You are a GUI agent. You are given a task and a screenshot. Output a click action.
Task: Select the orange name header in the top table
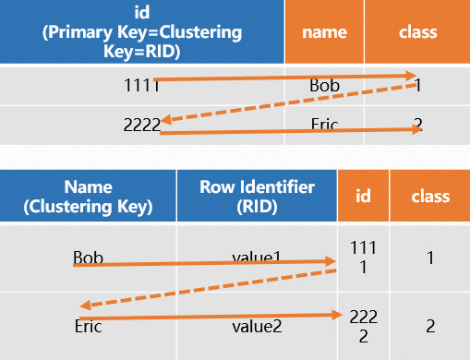(x=324, y=32)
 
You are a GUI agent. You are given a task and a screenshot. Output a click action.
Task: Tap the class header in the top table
(x=416, y=32)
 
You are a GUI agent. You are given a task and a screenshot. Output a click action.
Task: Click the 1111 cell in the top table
(x=141, y=85)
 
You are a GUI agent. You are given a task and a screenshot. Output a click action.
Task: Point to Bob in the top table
(x=324, y=86)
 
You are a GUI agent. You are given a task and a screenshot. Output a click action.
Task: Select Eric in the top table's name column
(x=324, y=123)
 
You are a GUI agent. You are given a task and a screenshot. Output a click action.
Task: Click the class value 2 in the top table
(x=417, y=123)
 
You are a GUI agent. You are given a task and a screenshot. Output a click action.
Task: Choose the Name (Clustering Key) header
(x=88, y=197)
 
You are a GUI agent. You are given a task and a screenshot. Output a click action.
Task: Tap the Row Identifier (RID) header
(x=256, y=197)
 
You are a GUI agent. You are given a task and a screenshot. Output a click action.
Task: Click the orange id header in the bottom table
(x=363, y=197)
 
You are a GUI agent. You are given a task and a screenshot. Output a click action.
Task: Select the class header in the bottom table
(x=429, y=197)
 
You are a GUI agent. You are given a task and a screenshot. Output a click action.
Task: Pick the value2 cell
(x=256, y=325)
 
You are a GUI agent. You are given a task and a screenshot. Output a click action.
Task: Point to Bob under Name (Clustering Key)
(x=88, y=255)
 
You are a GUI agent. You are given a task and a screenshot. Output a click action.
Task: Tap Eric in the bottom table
(x=88, y=325)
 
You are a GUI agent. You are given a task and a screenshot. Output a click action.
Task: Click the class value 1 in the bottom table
(x=429, y=258)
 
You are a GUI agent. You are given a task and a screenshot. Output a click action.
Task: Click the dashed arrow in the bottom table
(x=208, y=289)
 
